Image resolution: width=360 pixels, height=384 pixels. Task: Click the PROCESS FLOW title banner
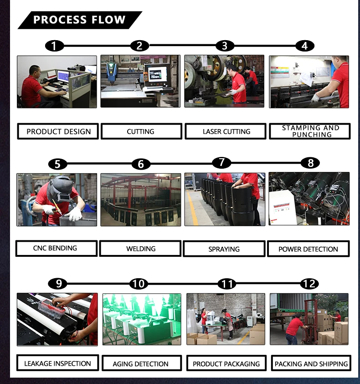click(79, 20)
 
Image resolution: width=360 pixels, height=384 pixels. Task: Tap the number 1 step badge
click(54, 46)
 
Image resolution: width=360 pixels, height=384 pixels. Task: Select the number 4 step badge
click(304, 46)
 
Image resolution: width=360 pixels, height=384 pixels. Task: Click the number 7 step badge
click(221, 162)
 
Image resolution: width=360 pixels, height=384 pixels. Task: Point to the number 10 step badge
click(139, 284)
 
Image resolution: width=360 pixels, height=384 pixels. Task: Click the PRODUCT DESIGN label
click(58, 131)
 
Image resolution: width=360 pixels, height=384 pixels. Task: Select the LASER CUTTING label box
click(226, 131)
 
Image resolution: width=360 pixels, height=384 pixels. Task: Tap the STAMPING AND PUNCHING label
click(310, 131)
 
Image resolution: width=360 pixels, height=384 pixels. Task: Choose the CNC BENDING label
click(56, 249)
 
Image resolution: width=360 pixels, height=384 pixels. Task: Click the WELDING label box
click(141, 249)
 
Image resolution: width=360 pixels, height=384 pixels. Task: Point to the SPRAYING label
click(224, 249)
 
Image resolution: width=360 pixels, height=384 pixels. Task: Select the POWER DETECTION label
click(308, 249)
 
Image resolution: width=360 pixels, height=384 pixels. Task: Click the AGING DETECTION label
click(141, 364)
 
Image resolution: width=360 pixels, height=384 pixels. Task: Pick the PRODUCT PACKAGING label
click(226, 364)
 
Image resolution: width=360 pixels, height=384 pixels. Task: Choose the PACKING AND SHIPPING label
click(311, 364)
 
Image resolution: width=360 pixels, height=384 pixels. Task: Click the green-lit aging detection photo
click(142, 319)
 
